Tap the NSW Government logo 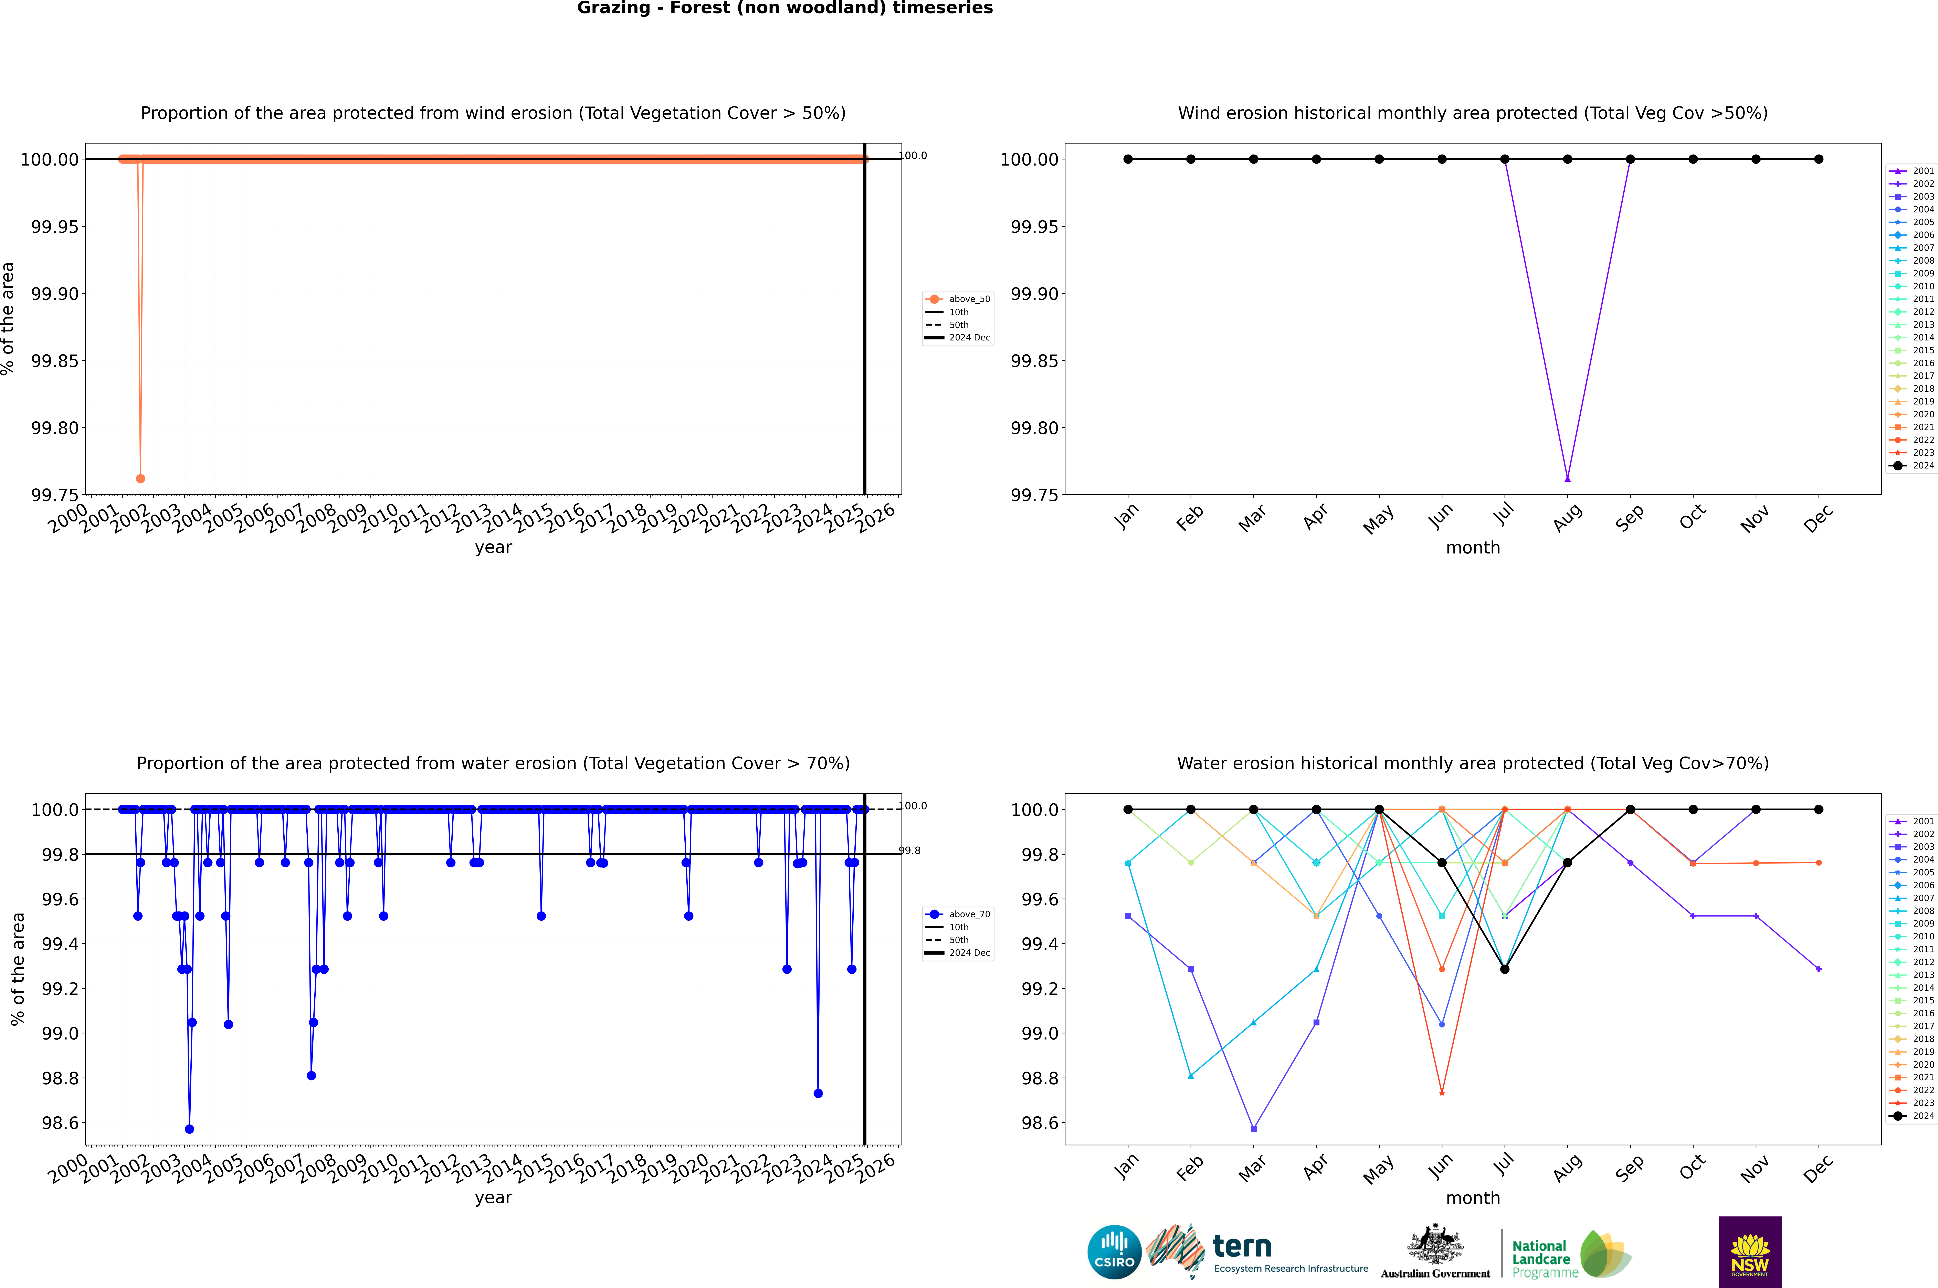pos(1750,1252)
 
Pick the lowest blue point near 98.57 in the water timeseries pos(190,1129)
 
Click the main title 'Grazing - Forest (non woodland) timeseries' pos(784,8)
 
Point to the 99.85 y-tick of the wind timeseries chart pos(55,361)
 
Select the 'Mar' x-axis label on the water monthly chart pos(1252,1168)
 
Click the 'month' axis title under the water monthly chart pos(1472,1198)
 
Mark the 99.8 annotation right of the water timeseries pos(909,850)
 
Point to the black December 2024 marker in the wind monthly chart pos(1818,159)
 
